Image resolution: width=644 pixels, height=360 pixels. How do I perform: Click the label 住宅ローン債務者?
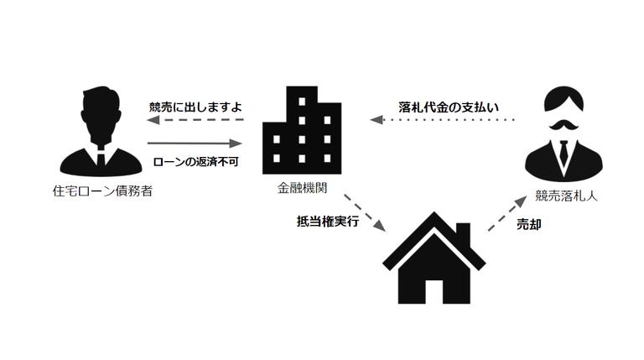click(x=102, y=191)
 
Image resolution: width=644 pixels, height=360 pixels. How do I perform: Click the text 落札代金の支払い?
click(x=448, y=107)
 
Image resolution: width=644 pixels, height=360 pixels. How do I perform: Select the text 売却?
click(x=528, y=225)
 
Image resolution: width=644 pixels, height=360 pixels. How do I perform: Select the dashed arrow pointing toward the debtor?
click(x=195, y=122)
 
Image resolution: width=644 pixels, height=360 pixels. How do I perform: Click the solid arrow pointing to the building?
click(x=195, y=143)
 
